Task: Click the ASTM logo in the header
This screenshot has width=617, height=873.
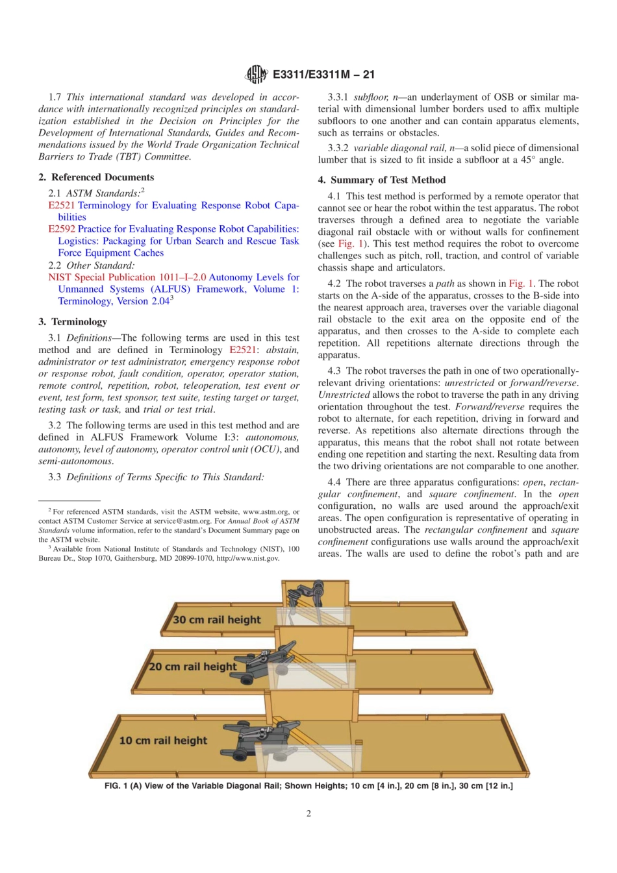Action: [x=257, y=75]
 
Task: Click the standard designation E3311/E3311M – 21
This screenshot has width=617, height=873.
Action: [x=323, y=75]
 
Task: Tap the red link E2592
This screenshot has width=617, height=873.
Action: [x=62, y=229]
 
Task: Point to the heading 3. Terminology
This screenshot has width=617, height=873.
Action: [x=73, y=322]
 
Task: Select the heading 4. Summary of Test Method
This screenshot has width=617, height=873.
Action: [x=382, y=180]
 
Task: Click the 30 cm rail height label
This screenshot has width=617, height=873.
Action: [x=216, y=620]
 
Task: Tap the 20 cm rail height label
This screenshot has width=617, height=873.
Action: [x=193, y=667]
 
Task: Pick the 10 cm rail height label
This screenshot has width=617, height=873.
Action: [x=163, y=741]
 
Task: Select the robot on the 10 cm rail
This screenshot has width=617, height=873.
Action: [x=260, y=740]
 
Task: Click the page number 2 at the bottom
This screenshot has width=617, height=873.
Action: [x=308, y=813]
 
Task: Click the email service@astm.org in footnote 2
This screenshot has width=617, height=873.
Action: [x=180, y=521]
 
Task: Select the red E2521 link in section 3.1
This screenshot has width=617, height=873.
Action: [x=242, y=350]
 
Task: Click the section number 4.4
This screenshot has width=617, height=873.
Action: [x=334, y=482]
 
